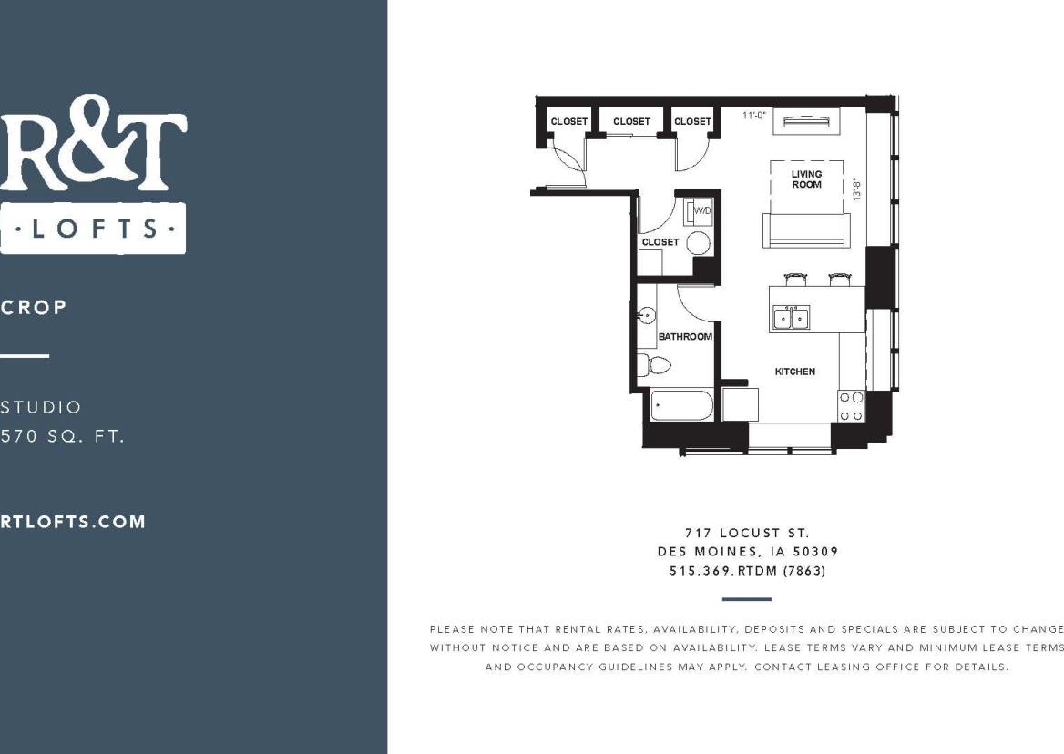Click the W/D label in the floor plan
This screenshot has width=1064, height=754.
tap(702, 211)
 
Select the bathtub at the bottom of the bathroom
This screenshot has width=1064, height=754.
tap(681, 405)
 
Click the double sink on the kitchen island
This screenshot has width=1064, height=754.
tap(791, 318)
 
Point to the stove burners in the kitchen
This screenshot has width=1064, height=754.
tap(851, 406)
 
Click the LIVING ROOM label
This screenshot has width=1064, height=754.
tap(806, 178)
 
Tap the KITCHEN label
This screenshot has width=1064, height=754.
tap(794, 372)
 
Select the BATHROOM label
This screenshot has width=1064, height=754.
tap(685, 337)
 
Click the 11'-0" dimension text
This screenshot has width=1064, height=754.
tap(755, 116)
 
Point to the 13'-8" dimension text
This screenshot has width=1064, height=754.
tap(855, 188)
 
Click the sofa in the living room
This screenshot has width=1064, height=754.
tap(806, 231)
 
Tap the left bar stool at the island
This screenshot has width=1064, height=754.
tap(794, 279)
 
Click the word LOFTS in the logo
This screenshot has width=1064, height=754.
tap(92, 228)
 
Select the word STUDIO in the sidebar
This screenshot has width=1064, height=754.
tap(41, 407)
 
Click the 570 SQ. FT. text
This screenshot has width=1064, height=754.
tap(62, 436)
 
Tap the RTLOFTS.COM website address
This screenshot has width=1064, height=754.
tap(73, 522)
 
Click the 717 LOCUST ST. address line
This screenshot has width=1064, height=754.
tap(747, 533)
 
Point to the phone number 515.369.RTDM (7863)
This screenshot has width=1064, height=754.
tap(747, 571)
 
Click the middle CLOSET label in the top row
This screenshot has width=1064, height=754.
tap(631, 121)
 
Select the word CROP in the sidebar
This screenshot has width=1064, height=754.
tap(34, 307)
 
